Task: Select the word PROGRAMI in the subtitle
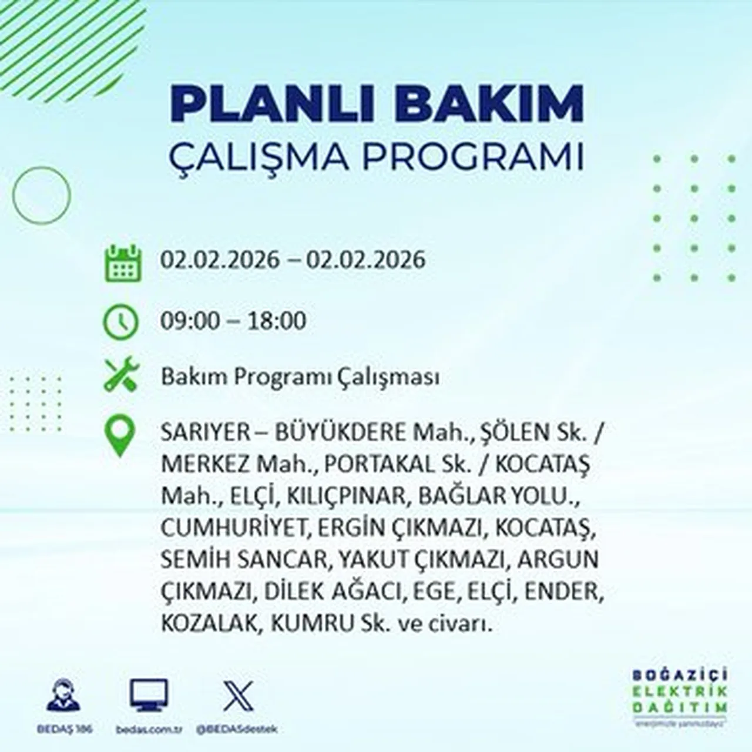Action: [x=472, y=157]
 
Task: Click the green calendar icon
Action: [x=123, y=263]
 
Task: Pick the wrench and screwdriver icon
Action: [x=121, y=375]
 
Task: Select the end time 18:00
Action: [x=276, y=321]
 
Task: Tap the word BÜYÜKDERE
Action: [x=340, y=433]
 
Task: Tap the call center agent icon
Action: [x=63, y=696]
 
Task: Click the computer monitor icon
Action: [x=149, y=695]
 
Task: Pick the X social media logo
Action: [x=238, y=696]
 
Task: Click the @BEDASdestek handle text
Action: [x=237, y=729]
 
